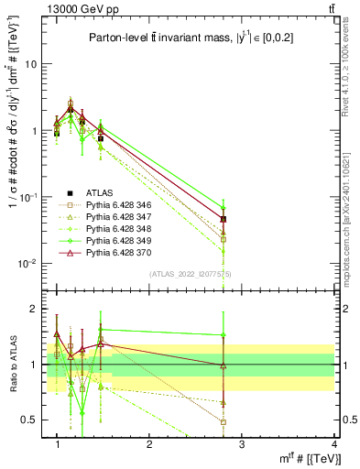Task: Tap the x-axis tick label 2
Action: [149, 444]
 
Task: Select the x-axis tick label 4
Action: [334, 444]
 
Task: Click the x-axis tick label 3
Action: [242, 444]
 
